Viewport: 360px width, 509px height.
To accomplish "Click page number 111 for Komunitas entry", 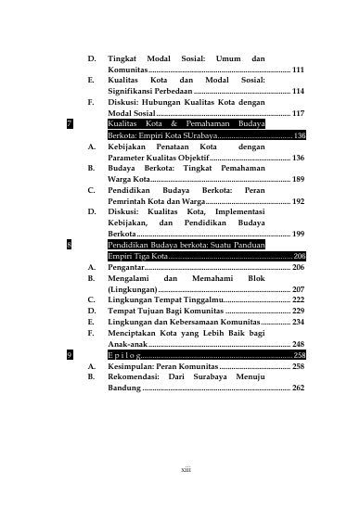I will click(297, 70).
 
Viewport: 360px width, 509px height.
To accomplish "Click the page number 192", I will click(297, 201).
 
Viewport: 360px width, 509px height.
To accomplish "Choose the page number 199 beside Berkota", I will click(297, 234).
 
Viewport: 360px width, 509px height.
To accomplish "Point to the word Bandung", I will click(124, 388).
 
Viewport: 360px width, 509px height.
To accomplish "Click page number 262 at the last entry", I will click(297, 388).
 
